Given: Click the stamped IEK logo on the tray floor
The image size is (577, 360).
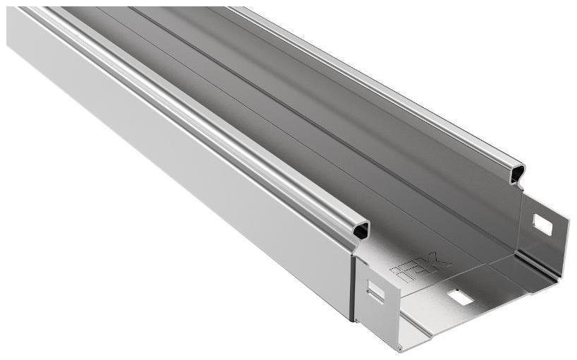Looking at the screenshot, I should [421, 268].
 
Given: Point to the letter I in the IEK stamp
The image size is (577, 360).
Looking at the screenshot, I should [403, 276].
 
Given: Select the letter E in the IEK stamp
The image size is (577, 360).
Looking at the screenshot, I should [420, 268].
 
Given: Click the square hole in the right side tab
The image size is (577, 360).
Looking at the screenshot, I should [542, 224].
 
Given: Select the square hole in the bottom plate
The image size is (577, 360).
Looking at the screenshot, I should [460, 297].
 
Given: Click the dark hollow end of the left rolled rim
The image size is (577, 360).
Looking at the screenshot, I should [362, 230].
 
